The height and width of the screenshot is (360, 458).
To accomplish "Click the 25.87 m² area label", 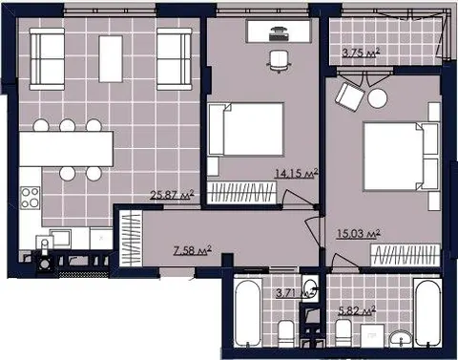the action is pyautogui.click(x=172, y=195).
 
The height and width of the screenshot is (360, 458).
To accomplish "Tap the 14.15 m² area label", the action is pyautogui.click(x=296, y=173).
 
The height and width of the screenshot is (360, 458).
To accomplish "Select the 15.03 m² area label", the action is pyautogui.click(x=358, y=234).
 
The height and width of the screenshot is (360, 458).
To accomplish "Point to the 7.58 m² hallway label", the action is pyautogui.click(x=193, y=250).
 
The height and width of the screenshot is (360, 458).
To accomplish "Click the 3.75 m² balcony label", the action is pyautogui.click(x=361, y=53).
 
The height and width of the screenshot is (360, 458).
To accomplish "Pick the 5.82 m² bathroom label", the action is pyautogui.click(x=357, y=310).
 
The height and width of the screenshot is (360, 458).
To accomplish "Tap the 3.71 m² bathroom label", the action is pyautogui.click(x=295, y=292).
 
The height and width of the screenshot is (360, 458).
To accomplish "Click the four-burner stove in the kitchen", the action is pyautogui.click(x=31, y=198).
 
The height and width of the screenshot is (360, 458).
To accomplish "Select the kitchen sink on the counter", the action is pyautogui.click(x=60, y=239).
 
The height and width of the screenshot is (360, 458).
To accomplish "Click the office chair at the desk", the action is pyautogui.click(x=280, y=61).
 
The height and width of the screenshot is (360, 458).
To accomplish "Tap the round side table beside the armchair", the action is pyautogui.click(x=378, y=98).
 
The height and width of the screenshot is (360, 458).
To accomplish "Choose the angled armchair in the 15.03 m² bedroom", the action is pyautogui.click(x=350, y=96).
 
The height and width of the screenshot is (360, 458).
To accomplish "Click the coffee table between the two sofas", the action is pyautogui.click(x=111, y=59).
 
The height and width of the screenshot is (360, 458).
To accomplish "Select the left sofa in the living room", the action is pyautogui.click(x=47, y=59).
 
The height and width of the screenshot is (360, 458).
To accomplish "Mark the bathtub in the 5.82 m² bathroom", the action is pyautogui.click(x=427, y=312).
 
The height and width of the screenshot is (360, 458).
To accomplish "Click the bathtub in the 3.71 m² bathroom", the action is pyautogui.click(x=248, y=312).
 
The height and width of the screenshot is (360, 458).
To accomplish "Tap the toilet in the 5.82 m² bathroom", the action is pyautogui.click(x=343, y=332).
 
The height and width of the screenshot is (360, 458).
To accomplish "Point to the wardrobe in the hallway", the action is pyautogui.click(x=131, y=239).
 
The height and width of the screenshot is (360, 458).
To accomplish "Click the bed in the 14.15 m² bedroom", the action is pyautogui.click(x=245, y=129).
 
